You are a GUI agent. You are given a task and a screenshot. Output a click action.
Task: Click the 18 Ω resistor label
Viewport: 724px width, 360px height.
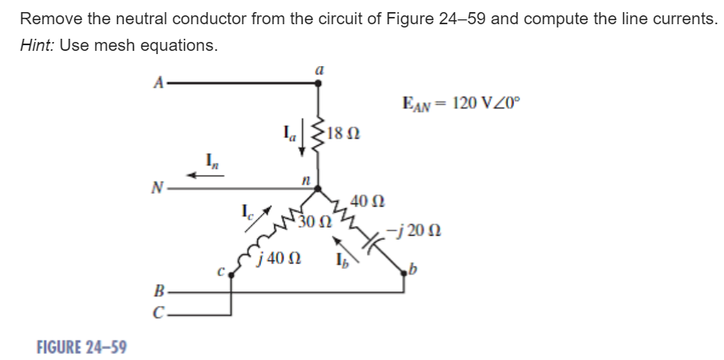click(x=346, y=132)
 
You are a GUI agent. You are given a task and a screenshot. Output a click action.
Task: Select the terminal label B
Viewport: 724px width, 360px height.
click(x=160, y=291)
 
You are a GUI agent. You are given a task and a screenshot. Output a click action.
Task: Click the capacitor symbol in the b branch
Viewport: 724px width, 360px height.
click(x=370, y=240)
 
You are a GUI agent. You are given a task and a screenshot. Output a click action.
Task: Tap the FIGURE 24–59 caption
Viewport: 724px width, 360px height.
click(x=82, y=346)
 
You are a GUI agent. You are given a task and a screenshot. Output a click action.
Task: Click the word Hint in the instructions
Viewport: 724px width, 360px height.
click(x=37, y=46)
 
